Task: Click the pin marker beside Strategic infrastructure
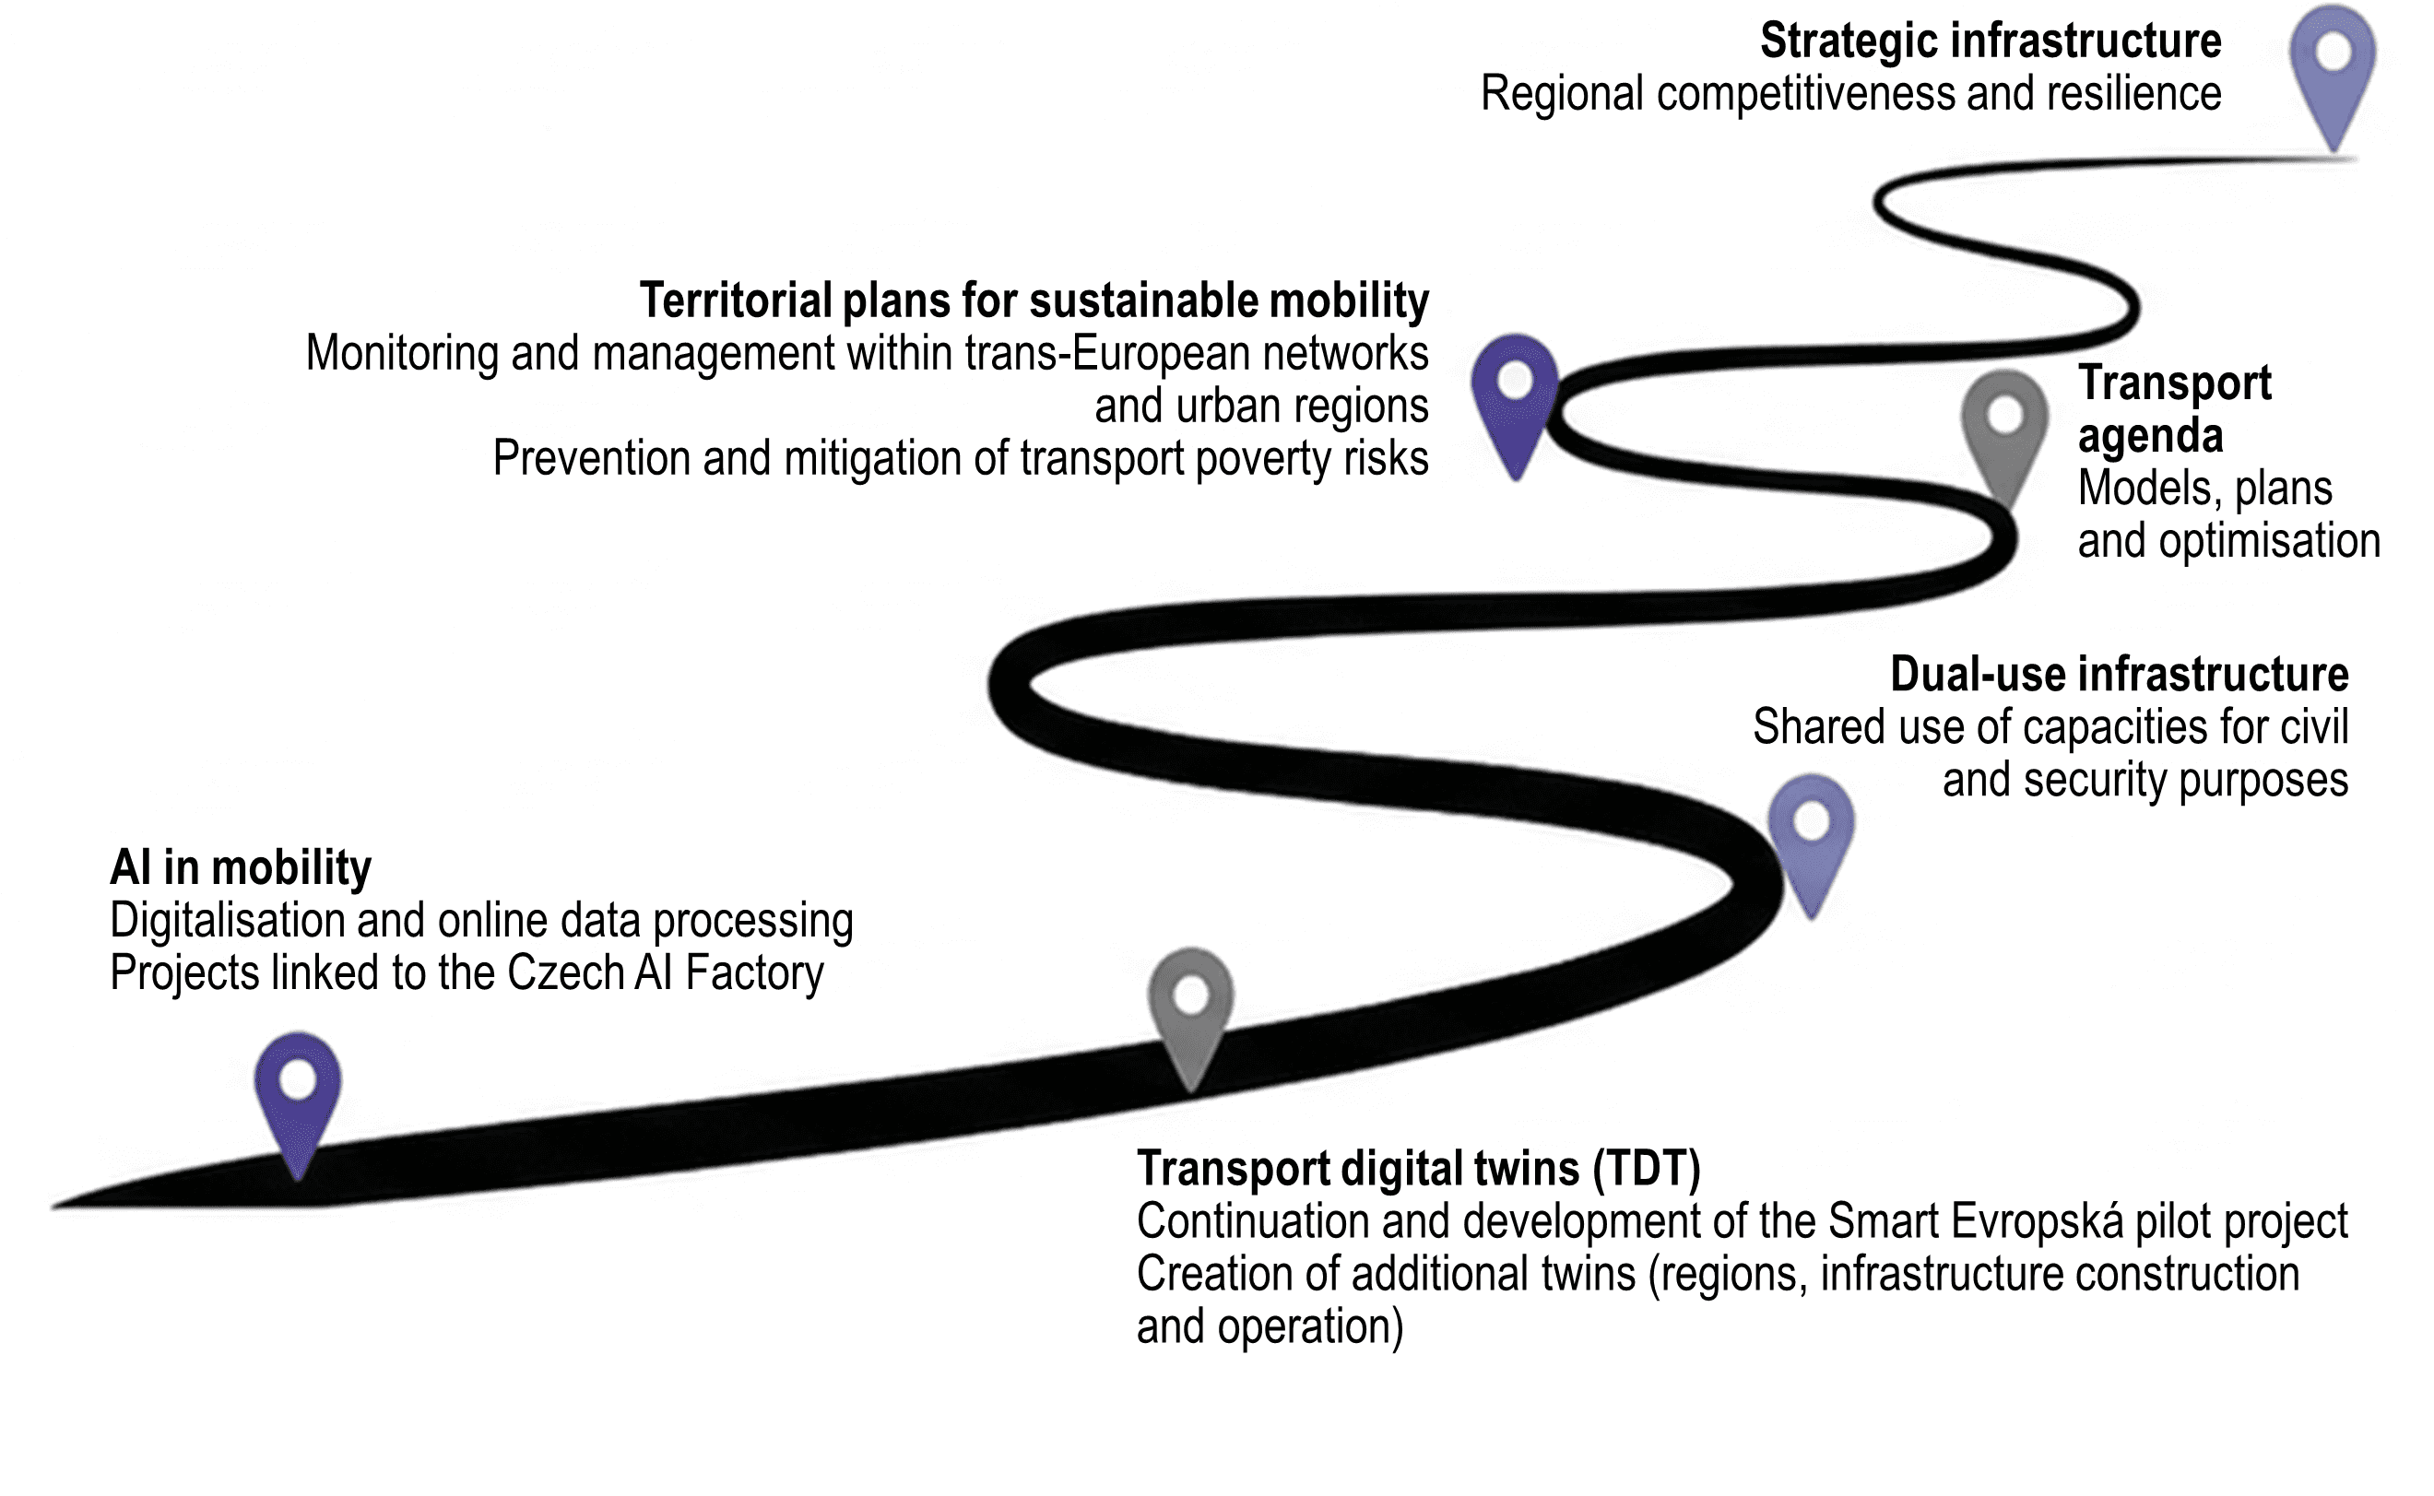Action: click(2332, 69)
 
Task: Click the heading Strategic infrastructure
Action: click(1990, 41)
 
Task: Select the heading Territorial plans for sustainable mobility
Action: click(1034, 300)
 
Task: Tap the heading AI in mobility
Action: click(241, 867)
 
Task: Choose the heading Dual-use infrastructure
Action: click(2119, 675)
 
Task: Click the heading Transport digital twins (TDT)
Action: click(1418, 1169)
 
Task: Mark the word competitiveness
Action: click(1807, 95)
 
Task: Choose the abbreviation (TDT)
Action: click(1647, 1169)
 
